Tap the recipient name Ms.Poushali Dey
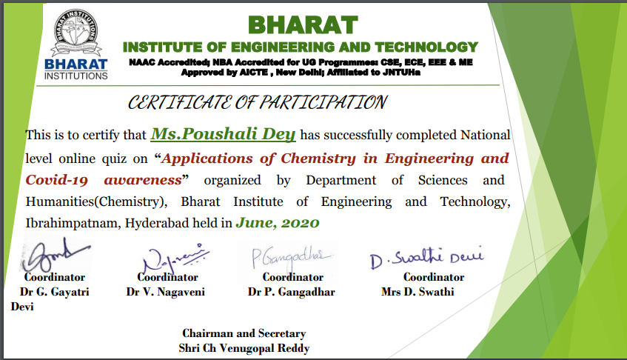click(223, 134)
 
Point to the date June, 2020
click(277, 222)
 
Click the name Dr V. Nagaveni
click(165, 292)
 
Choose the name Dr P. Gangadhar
click(292, 292)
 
